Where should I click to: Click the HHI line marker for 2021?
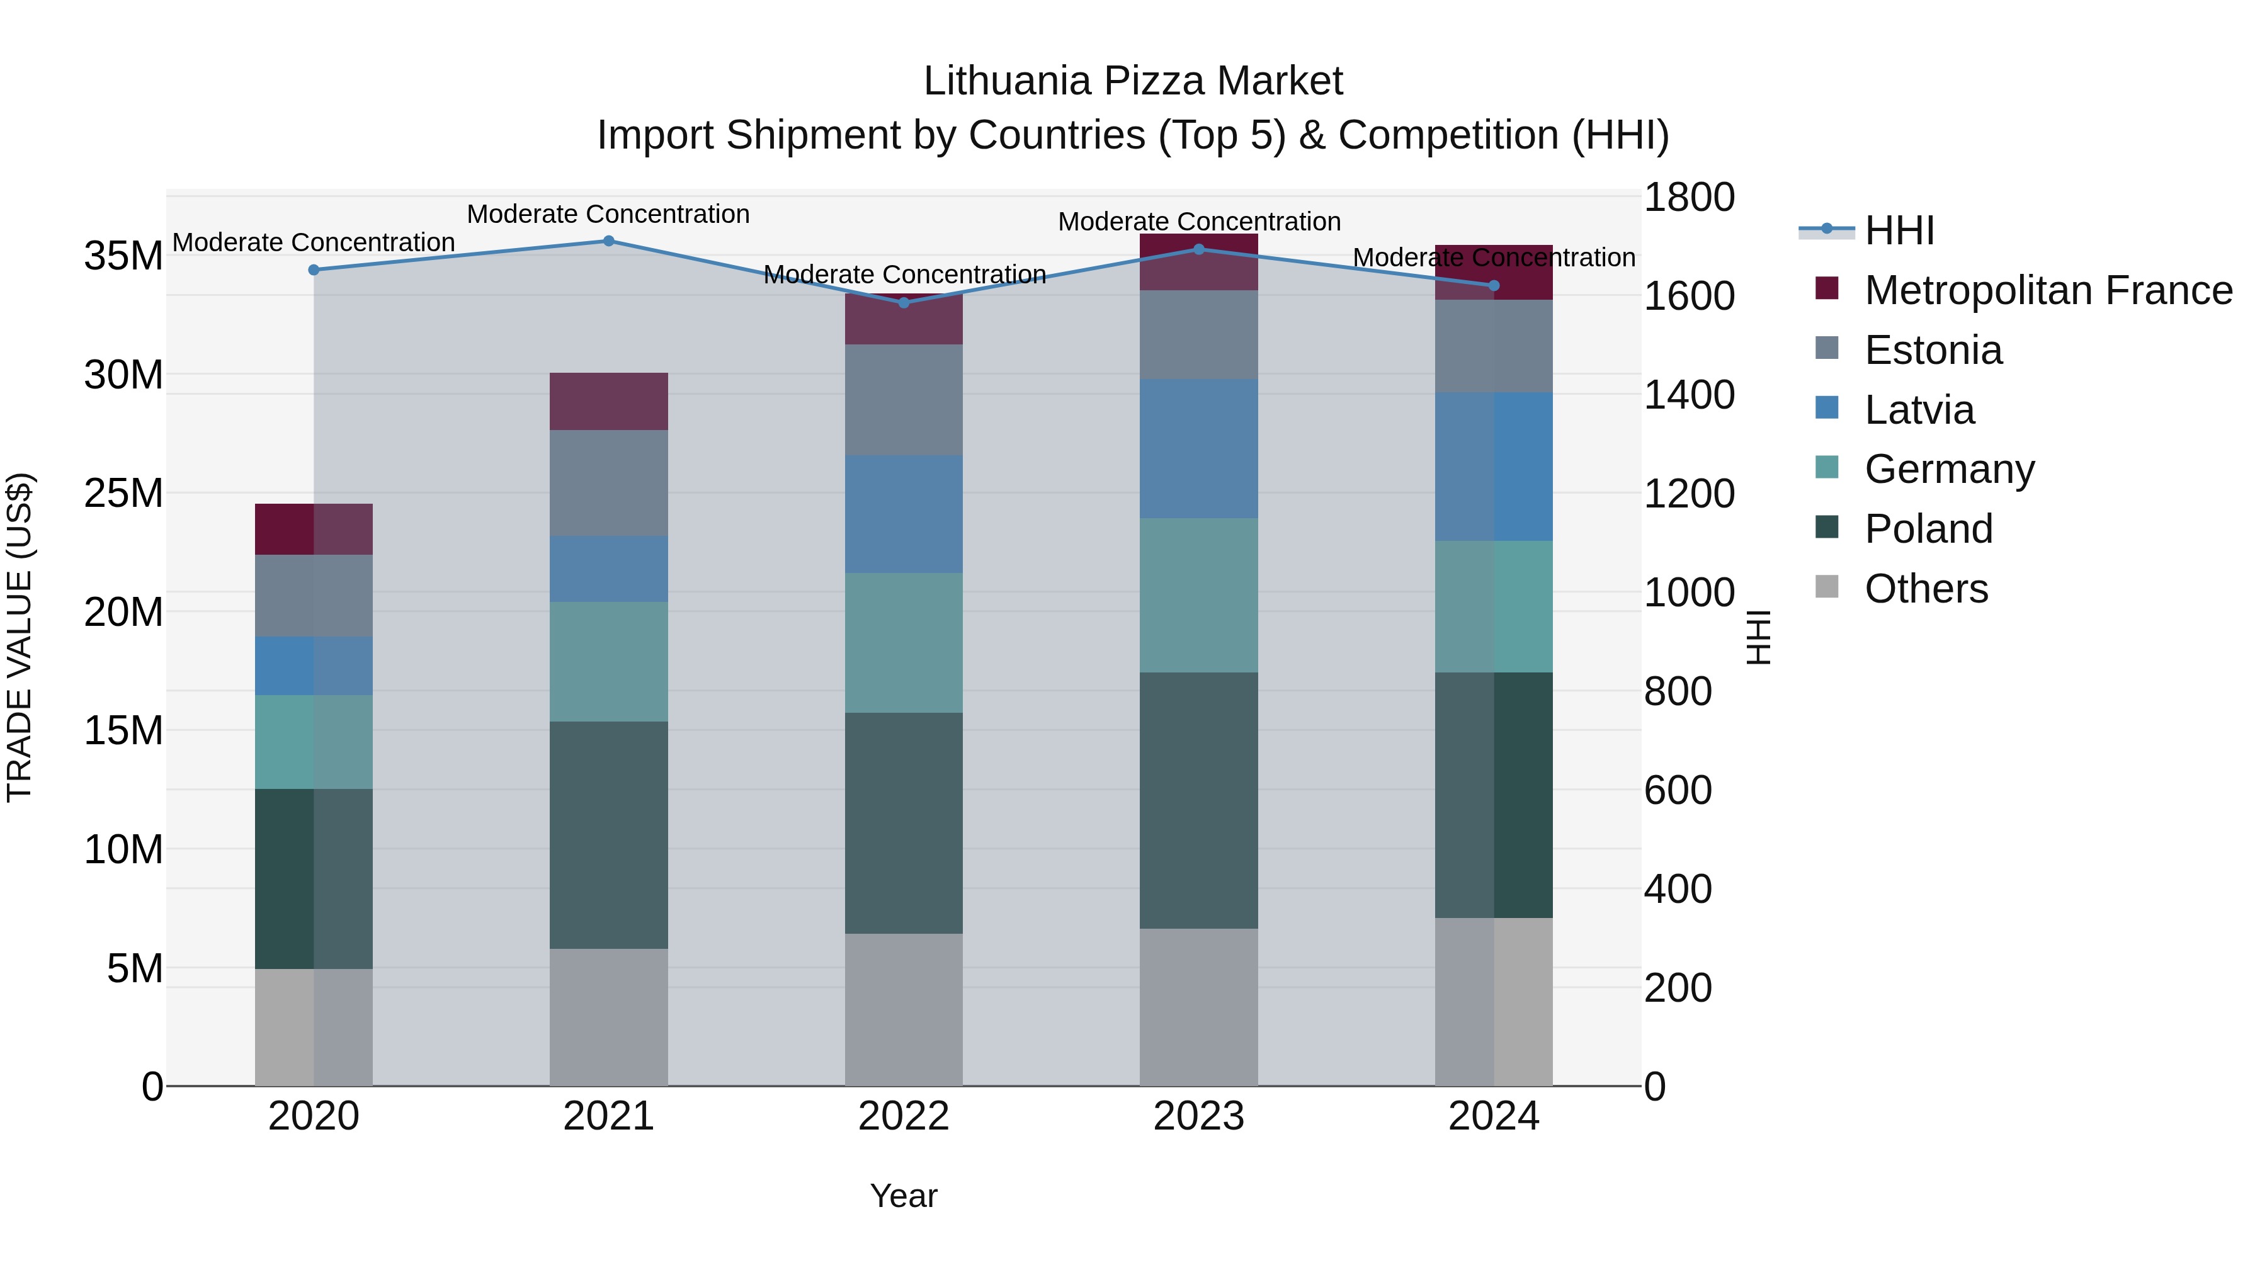coord(608,241)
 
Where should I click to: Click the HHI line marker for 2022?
coord(904,303)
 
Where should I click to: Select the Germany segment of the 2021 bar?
coord(608,662)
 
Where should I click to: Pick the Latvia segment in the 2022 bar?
coord(904,514)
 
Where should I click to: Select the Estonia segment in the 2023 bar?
coord(1198,334)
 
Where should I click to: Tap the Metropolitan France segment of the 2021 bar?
coord(608,401)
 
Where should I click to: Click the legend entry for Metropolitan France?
coord(2047,290)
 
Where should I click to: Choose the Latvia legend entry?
coord(1919,410)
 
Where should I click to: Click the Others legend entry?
coord(1926,589)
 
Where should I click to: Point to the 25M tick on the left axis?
coord(123,494)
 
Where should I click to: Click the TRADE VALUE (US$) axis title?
coord(20,637)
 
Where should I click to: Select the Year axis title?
coord(904,1196)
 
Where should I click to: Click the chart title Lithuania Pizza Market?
coord(1133,81)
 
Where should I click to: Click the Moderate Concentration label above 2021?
coord(608,214)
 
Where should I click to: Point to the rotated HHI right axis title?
coord(1758,637)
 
